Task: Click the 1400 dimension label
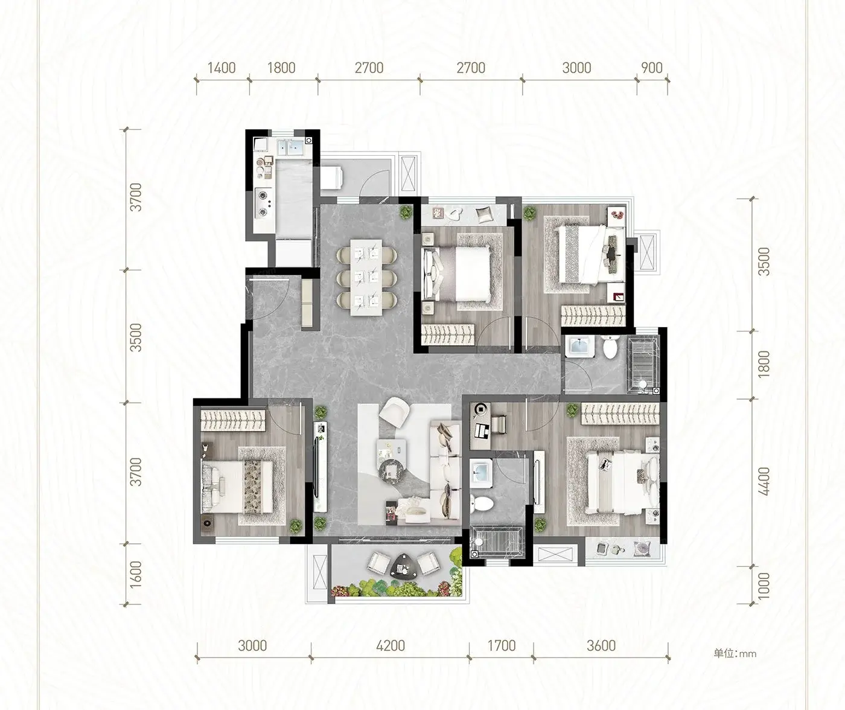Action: click(222, 68)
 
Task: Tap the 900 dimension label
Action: click(652, 68)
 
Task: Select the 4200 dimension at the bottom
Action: click(390, 646)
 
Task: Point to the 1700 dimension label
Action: click(502, 646)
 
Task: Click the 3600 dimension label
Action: click(601, 646)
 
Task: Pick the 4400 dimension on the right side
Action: click(764, 481)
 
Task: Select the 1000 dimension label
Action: click(764, 586)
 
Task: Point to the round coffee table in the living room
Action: click(391, 471)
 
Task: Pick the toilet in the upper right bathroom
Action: click(609, 348)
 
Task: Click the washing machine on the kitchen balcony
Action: click(332, 177)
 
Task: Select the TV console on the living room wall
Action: click(320, 467)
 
